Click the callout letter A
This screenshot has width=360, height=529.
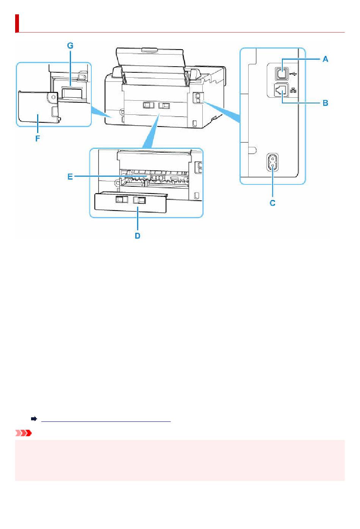pyautogui.click(x=325, y=59)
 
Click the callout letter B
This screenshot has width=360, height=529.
pyautogui.click(x=325, y=103)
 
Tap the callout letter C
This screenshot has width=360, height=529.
pyautogui.click(x=272, y=203)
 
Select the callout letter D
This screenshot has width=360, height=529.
pyautogui.click(x=137, y=236)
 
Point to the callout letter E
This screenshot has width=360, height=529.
pyautogui.click(x=70, y=176)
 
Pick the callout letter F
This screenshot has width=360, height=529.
pyautogui.click(x=38, y=139)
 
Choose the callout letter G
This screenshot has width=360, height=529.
pyautogui.click(x=70, y=45)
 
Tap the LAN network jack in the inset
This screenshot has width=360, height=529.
pyautogui.click(x=281, y=90)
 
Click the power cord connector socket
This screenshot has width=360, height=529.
pyautogui.click(x=272, y=162)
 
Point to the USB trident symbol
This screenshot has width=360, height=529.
pyautogui.click(x=293, y=74)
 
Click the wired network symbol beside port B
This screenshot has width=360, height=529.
pyautogui.click(x=293, y=90)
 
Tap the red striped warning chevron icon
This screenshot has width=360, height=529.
pyautogui.click(x=23, y=433)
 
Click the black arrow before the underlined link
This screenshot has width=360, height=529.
pyautogui.click(x=34, y=419)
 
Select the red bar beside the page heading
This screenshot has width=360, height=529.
pyautogui.click(x=17, y=23)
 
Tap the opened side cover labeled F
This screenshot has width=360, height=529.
pyautogui.click(x=38, y=107)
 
